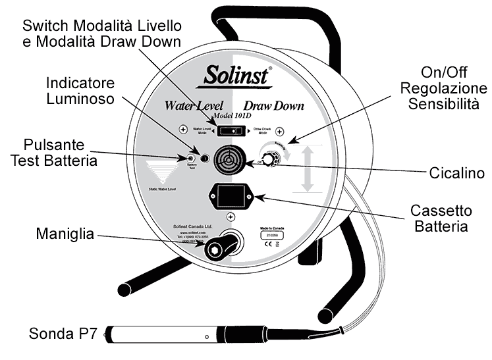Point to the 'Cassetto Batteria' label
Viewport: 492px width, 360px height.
(x=440, y=219)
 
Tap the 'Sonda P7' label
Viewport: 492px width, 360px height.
(x=63, y=333)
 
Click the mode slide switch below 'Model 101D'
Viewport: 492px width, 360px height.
(x=231, y=130)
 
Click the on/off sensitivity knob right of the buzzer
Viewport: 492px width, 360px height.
(x=267, y=160)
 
